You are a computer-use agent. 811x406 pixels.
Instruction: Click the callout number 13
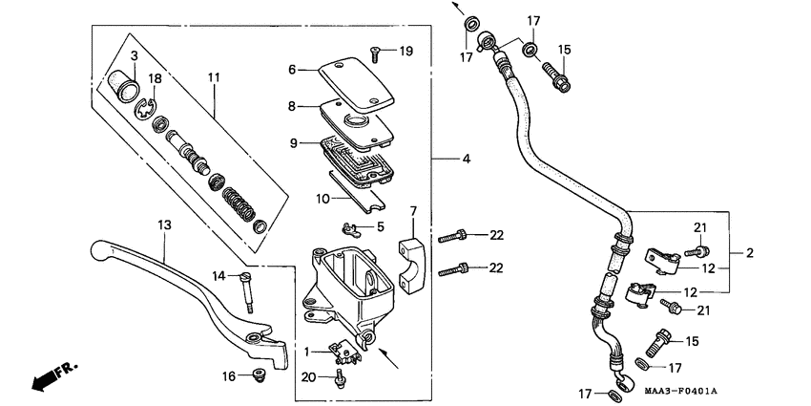coord(164,224)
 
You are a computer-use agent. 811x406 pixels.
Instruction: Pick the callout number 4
coord(467,158)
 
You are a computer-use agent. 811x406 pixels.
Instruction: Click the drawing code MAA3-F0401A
coord(680,392)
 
